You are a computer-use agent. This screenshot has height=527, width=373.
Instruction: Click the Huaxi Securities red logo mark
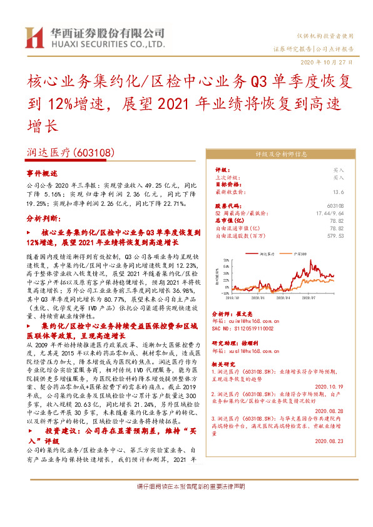tap(34, 38)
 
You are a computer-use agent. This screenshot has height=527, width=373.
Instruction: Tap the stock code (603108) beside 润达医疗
tap(94, 152)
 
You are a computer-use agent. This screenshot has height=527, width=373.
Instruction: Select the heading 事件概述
tap(41, 173)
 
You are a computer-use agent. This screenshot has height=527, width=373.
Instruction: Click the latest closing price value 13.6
tap(339, 193)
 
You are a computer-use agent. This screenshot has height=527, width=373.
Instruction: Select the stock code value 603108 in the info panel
tap(336, 206)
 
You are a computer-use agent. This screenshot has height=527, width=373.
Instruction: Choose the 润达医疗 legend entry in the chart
tap(268, 254)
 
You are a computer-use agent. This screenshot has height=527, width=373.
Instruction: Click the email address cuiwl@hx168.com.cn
tap(250, 320)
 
